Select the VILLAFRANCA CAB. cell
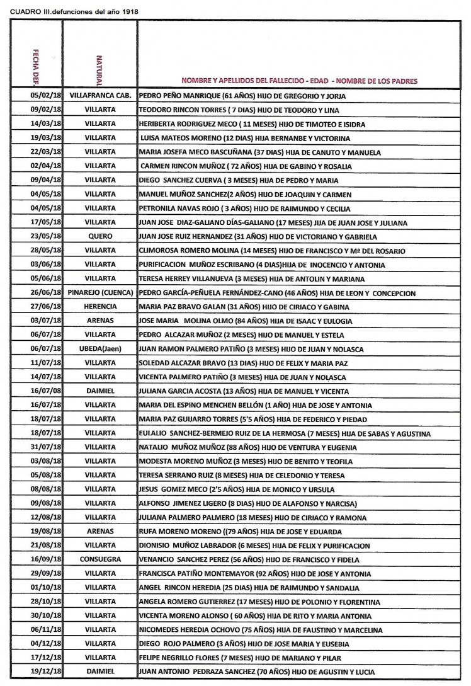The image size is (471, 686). [x=99, y=96]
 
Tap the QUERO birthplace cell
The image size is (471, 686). [x=99, y=237]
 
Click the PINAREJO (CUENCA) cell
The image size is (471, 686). [x=99, y=293]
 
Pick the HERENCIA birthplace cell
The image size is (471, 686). [x=99, y=307]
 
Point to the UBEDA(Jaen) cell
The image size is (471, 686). [x=99, y=349]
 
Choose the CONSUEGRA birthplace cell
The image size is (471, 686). [x=99, y=559]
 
